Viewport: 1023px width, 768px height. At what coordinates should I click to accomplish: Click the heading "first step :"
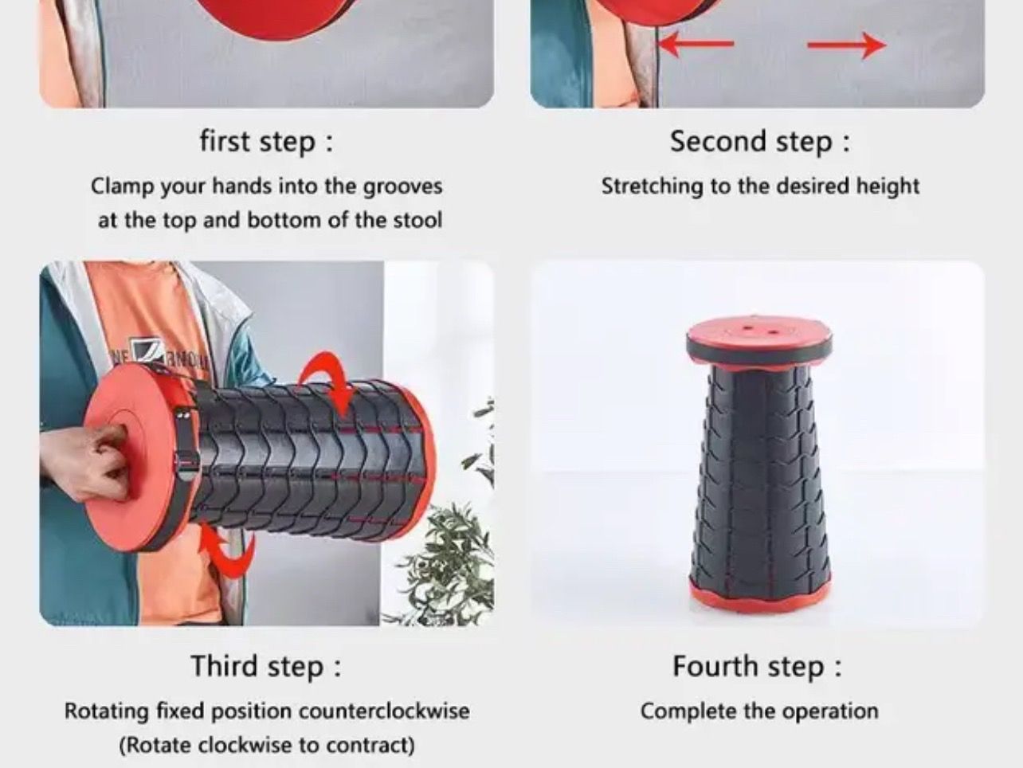pos(267,142)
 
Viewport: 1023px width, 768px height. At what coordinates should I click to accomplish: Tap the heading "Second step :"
pos(759,141)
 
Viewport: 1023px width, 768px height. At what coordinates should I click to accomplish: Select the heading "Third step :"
pos(266,666)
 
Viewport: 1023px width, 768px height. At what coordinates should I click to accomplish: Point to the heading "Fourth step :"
pos(758,666)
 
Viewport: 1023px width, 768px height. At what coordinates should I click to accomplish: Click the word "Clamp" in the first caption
pos(122,186)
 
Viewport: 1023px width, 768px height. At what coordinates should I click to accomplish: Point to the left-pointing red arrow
pos(697,45)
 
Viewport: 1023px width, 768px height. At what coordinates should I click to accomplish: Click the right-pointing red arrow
pos(846,45)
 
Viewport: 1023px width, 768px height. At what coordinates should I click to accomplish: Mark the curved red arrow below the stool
pos(229,550)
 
